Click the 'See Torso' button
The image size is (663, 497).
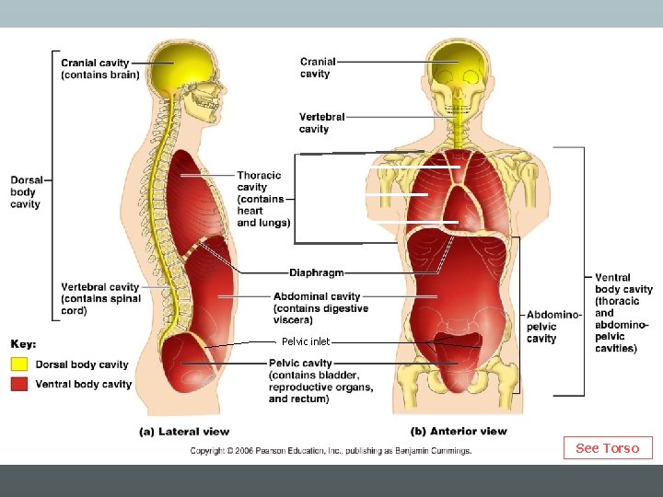(x=607, y=448)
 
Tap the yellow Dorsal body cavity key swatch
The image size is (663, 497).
(x=20, y=364)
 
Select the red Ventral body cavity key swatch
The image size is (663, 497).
(x=20, y=384)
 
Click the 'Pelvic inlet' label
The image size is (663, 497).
(x=306, y=341)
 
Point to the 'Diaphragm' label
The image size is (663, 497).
(x=317, y=272)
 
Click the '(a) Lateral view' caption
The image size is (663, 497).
(x=184, y=431)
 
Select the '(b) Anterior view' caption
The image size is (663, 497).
(x=458, y=431)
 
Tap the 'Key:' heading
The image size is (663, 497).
(x=24, y=344)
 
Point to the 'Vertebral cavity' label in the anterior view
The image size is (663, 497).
(x=322, y=123)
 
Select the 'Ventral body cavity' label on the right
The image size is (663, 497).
(x=623, y=313)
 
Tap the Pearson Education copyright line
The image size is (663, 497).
(x=331, y=451)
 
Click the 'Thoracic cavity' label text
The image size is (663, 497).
(x=263, y=199)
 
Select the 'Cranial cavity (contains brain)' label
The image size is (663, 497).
(x=100, y=68)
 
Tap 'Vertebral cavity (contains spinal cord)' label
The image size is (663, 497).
(x=101, y=299)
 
